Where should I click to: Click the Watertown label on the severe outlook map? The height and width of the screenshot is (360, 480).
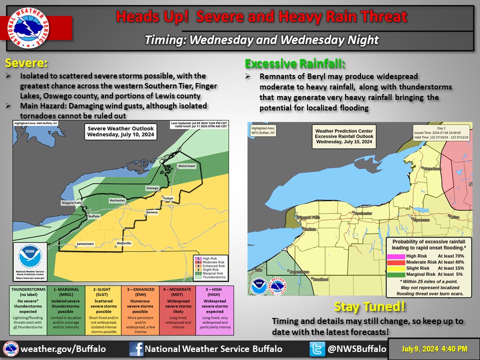(186, 165)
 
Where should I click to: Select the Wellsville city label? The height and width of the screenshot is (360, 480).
(123, 243)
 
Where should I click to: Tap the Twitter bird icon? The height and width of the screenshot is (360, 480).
(317, 348)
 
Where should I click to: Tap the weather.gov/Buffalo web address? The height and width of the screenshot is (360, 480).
(64, 348)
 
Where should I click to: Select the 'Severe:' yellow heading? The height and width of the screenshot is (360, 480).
(26, 64)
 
